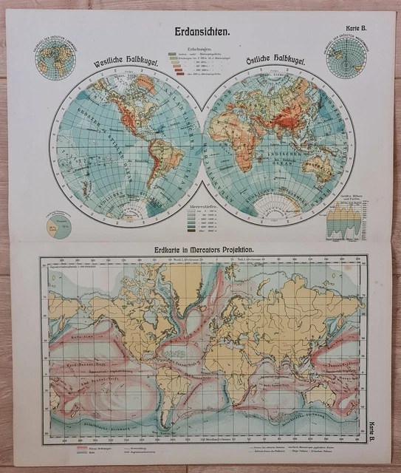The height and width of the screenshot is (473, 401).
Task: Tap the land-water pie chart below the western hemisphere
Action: pyautogui.click(x=58, y=225)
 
